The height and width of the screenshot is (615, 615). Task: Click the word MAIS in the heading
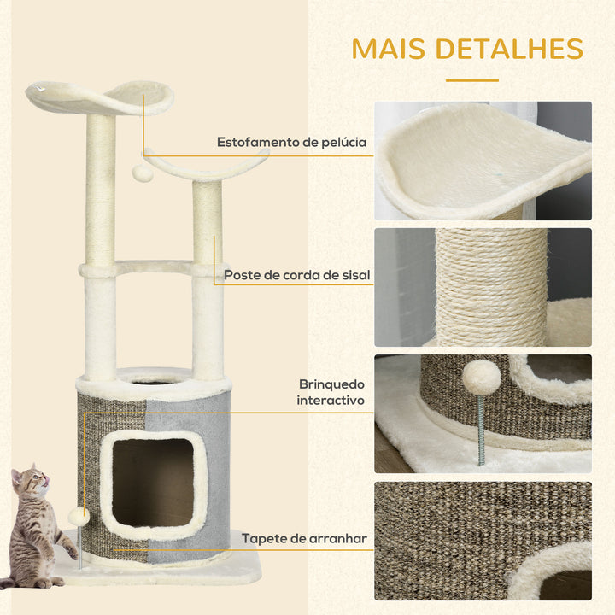click(389, 49)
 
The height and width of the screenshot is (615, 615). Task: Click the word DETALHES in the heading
click(509, 49)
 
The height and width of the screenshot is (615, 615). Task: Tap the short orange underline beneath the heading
click(471, 80)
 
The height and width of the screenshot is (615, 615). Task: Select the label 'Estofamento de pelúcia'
click(291, 142)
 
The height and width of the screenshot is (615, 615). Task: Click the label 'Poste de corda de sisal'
click(297, 275)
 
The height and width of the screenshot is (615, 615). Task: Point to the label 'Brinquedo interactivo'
click(331, 392)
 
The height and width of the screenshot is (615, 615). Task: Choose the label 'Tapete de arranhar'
click(304, 538)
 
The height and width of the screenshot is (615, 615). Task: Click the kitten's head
click(29, 479)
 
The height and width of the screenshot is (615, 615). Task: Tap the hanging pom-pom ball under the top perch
click(143, 172)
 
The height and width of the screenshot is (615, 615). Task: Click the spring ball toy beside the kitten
click(79, 517)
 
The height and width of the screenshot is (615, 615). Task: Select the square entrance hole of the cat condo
click(153, 483)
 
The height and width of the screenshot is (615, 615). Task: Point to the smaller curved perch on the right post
click(207, 165)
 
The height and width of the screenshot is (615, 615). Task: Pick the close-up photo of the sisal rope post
click(483, 287)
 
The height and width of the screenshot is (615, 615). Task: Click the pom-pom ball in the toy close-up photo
click(481, 378)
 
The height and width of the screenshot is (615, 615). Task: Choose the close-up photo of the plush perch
click(483, 161)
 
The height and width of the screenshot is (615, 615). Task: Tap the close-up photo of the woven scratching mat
click(483, 541)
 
